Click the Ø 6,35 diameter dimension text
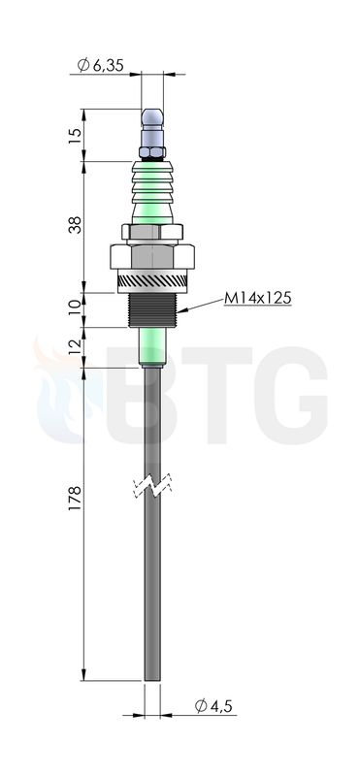(101, 65)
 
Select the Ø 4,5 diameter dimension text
(213, 706)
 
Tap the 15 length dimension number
(74, 136)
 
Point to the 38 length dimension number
(74, 225)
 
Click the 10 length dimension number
(74, 308)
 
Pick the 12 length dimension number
(74, 347)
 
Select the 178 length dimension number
(75, 499)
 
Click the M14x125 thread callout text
(257, 299)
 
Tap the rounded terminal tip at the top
(152, 117)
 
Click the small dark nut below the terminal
(152, 153)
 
